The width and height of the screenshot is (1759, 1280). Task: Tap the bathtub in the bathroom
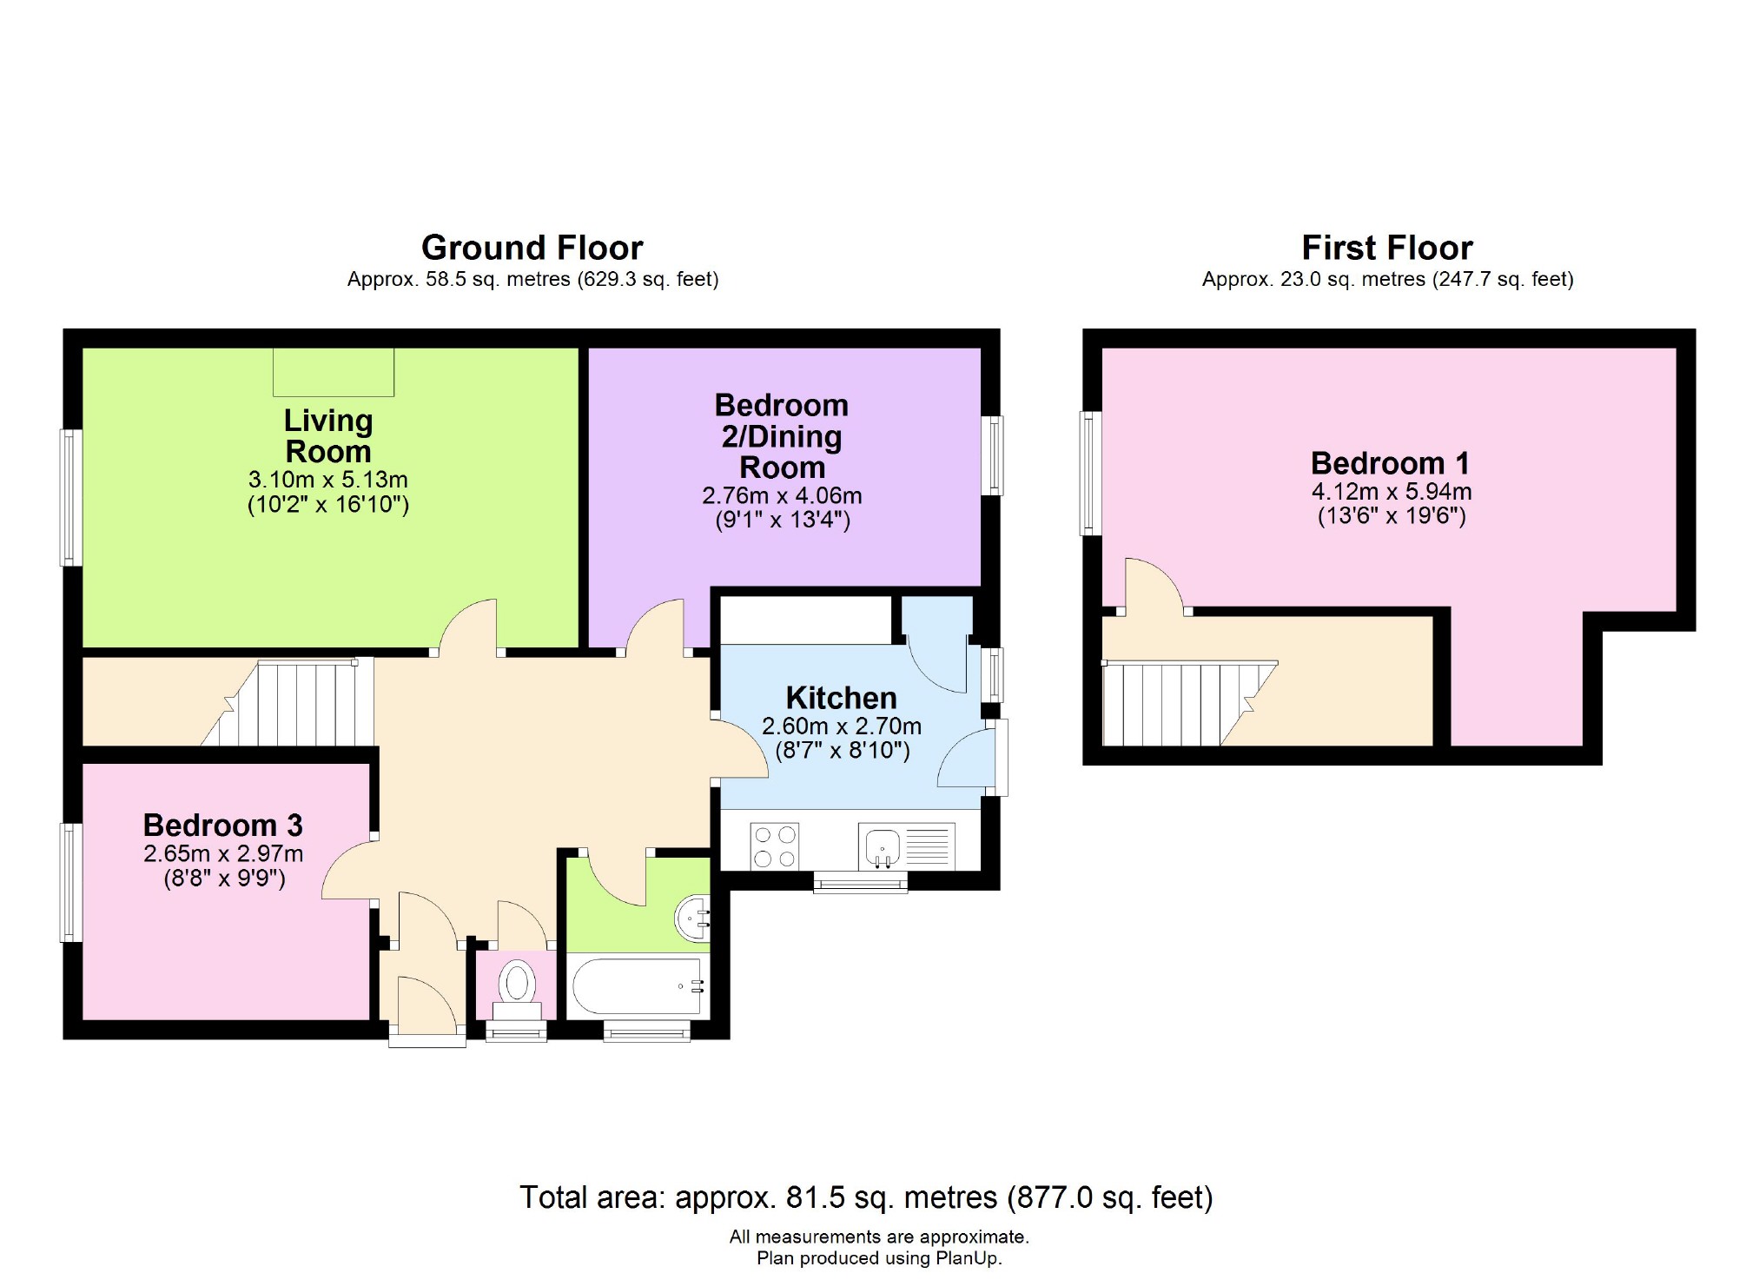pos(638,986)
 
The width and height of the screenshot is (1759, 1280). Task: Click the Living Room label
pos(328,436)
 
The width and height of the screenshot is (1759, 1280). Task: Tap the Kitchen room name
pos(841,698)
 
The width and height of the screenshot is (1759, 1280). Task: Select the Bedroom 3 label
pos(223,825)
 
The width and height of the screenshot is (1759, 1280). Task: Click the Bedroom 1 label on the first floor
pos(1390,462)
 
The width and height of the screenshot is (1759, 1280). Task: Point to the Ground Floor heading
pos(532,248)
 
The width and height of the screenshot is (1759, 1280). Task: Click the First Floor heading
pos(1387,248)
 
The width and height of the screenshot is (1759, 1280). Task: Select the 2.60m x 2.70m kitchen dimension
pos(841,726)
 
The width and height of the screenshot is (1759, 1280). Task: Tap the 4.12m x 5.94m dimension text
pos(1391,491)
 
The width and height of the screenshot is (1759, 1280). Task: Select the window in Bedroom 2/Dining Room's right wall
pos(992,455)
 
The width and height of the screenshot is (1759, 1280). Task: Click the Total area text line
pos(865,1197)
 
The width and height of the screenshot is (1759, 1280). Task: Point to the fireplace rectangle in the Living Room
pos(334,372)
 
